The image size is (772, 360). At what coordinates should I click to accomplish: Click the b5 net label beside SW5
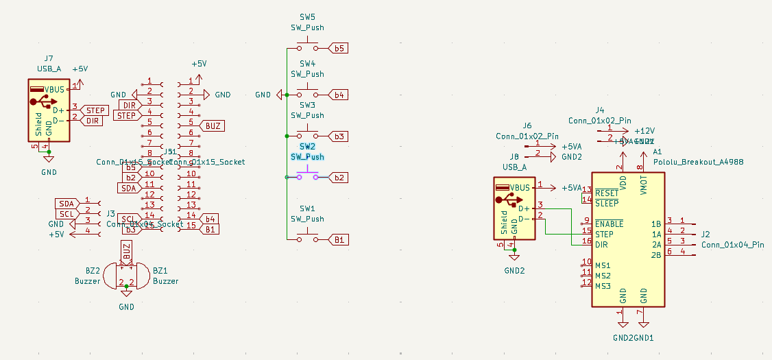click(x=339, y=49)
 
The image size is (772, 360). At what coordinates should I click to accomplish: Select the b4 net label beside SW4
click(x=339, y=94)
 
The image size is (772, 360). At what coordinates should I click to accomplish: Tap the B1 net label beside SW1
click(x=339, y=239)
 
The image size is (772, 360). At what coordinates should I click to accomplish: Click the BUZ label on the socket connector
click(x=213, y=125)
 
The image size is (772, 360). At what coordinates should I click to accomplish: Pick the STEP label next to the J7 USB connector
click(x=95, y=110)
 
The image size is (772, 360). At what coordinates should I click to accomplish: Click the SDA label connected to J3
click(x=66, y=204)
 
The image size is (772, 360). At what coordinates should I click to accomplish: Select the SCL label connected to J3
click(x=66, y=214)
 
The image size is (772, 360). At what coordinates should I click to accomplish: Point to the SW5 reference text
click(x=307, y=17)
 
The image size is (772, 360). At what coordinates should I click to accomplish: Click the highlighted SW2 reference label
click(x=307, y=147)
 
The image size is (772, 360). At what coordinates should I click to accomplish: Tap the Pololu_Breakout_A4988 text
click(x=698, y=162)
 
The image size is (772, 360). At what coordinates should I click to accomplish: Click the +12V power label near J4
click(x=644, y=130)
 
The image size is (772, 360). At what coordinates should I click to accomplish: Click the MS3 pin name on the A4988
click(x=603, y=286)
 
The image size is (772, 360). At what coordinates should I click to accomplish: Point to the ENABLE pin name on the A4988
click(x=610, y=224)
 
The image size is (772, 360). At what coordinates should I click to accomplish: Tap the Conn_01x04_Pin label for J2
click(x=732, y=245)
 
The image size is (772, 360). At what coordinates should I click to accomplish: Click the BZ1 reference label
click(x=160, y=271)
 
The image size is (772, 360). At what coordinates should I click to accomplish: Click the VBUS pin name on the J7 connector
click(x=55, y=90)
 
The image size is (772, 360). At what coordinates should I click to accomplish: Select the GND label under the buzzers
click(x=126, y=307)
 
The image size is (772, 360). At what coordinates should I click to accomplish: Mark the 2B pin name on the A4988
click(x=656, y=255)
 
